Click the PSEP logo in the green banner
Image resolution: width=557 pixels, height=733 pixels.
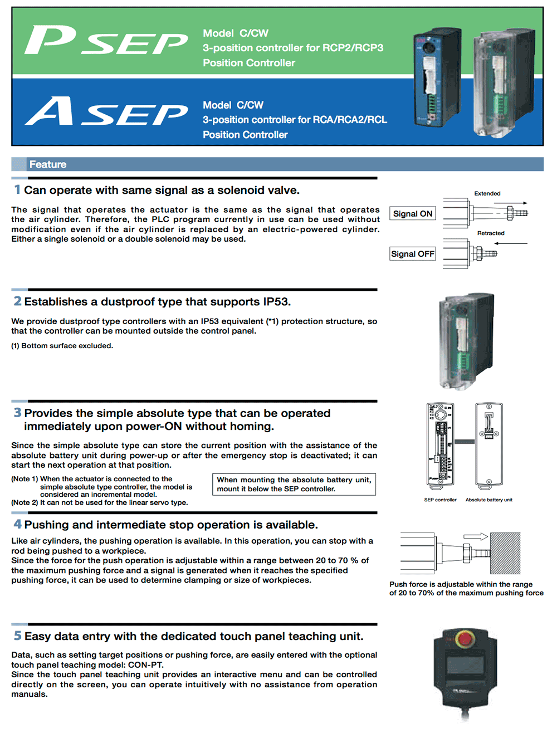coord(106,41)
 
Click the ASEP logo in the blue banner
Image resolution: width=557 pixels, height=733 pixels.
coord(106,111)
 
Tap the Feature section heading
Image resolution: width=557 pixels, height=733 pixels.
coord(48,164)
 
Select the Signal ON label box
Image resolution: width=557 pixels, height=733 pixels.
coord(413,214)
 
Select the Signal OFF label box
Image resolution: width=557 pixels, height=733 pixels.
coord(413,254)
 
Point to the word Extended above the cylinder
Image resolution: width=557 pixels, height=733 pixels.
coord(487,193)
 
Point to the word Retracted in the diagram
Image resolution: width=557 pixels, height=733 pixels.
coord(491,233)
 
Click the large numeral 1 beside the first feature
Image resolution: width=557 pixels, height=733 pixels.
coord(17,190)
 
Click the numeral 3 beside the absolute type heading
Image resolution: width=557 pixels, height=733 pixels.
coord(18,413)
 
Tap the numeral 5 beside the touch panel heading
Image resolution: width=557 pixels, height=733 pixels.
coord(18,636)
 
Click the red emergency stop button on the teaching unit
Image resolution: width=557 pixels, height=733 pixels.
coord(464,638)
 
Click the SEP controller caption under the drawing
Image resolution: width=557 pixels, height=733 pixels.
coord(440,500)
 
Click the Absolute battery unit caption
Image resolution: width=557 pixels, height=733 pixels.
coord(489,500)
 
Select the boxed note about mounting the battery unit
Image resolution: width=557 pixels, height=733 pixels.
coord(294,484)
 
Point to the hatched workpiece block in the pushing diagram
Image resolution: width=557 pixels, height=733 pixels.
coord(505,553)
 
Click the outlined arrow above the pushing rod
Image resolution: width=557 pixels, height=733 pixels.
coord(476,536)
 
